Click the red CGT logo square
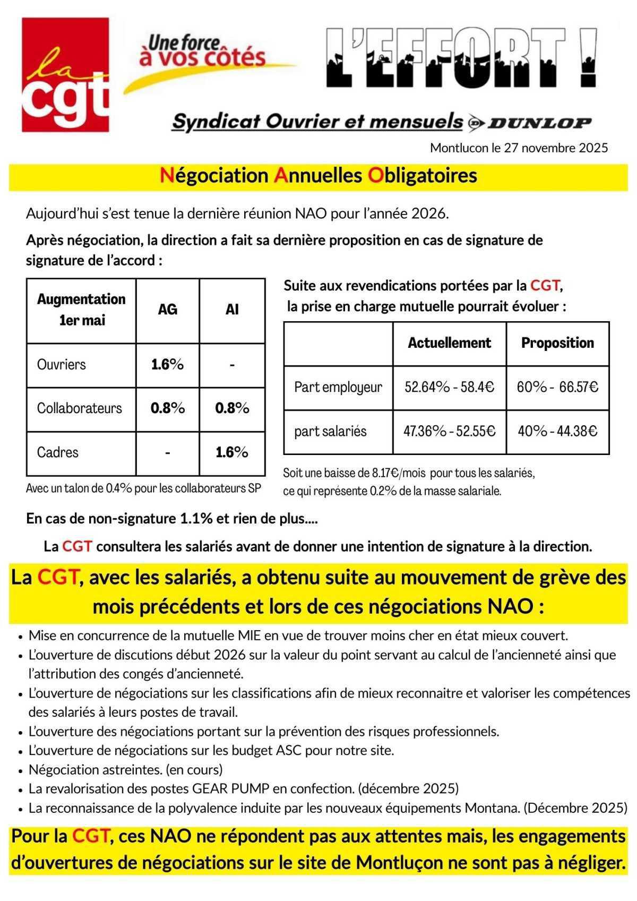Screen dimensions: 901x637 tap(65, 75)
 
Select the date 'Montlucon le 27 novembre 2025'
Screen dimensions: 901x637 tap(519, 148)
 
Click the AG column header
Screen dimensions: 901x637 tap(167, 310)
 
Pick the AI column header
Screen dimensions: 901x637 tap(232, 310)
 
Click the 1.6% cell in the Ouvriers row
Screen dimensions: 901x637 tap(167, 365)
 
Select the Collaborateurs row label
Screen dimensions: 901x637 tap(79, 408)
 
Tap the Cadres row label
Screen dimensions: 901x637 tap(57, 452)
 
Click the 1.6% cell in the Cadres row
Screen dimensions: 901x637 tap(232, 452)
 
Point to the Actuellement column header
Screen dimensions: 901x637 tap(449, 343)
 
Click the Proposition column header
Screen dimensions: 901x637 tap(557, 343)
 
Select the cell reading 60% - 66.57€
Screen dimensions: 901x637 tap(557, 387)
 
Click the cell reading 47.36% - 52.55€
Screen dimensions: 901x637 tap(449, 431)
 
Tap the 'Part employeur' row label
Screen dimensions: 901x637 tap(338, 387)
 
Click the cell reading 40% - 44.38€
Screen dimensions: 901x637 tap(557, 431)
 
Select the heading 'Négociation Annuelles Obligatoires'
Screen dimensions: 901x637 tap(318, 176)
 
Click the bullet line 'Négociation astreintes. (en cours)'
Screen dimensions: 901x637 tap(126, 769)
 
